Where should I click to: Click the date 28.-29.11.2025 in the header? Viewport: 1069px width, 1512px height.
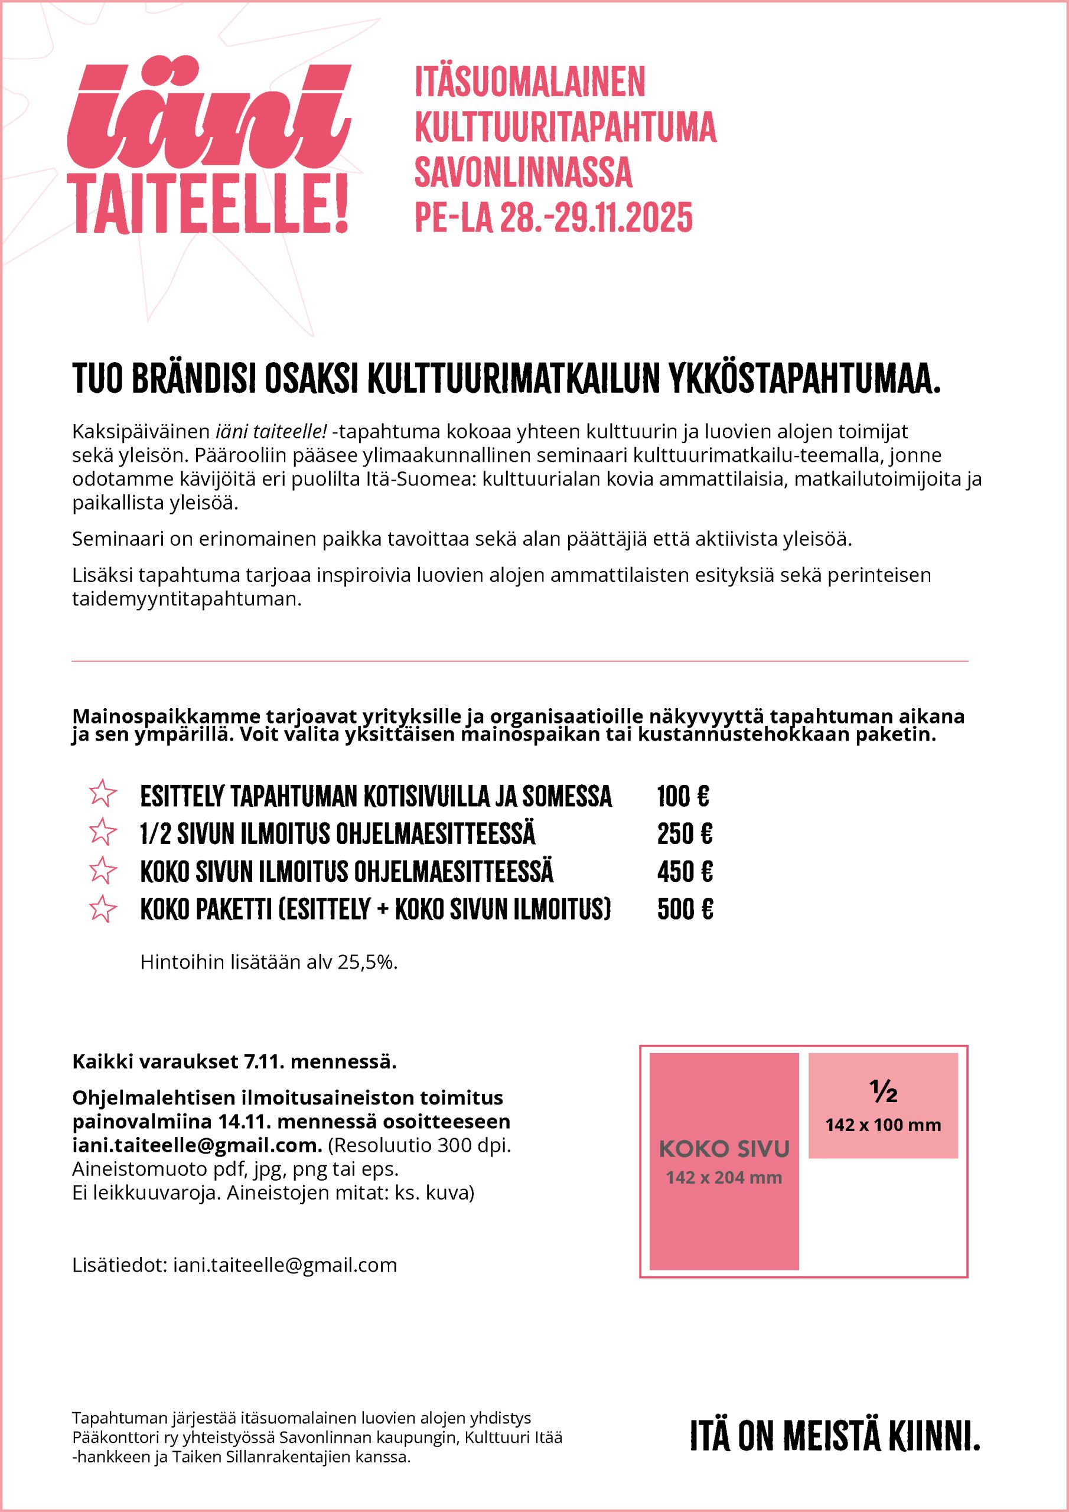pyautogui.click(x=596, y=217)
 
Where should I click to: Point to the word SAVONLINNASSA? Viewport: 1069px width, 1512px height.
pyautogui.click(x=523, y=172)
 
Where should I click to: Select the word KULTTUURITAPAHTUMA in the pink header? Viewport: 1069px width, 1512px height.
pyautogui.click(x=565, y=126)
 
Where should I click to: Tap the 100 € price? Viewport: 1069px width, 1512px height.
pyautogui.click(x=683, y=797)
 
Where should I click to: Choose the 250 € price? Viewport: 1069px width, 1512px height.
pyautogui.click(x=685, y=835)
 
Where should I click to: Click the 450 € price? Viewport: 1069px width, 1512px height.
pyautogui.click(x=685, y=872)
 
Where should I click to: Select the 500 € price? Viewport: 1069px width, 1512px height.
pyautogui.click(x=685, y=910)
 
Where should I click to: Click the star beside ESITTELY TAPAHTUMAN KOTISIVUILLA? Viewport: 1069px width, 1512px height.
pyautogui.click(x=102, y=794)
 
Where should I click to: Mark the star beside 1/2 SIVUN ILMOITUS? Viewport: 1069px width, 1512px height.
pyautogui.click(x=102, y=832)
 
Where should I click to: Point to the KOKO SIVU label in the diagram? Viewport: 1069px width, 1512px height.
pyautogui.click(x=724, y=1149)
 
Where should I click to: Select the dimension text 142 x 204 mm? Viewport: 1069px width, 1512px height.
pyautogui.click(x=724, y=1178)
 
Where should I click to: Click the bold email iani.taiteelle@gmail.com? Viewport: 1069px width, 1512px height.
pyautogui.click(x=196, y=1146)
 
